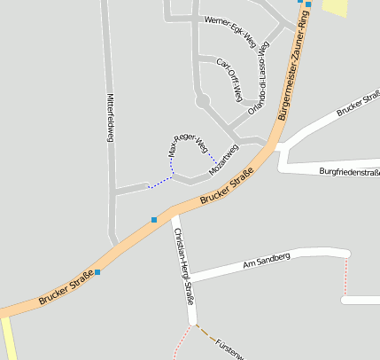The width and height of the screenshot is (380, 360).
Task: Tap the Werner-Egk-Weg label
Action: (229, 30)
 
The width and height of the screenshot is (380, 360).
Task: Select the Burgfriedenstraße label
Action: (349, 171)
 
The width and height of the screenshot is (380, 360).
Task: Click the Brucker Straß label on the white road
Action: (358, 102)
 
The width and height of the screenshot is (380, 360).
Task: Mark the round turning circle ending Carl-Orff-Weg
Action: (203, 103)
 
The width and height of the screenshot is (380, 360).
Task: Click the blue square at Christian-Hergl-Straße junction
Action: (154, 219)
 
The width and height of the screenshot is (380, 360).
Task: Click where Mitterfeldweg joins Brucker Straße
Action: (113, 244)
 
